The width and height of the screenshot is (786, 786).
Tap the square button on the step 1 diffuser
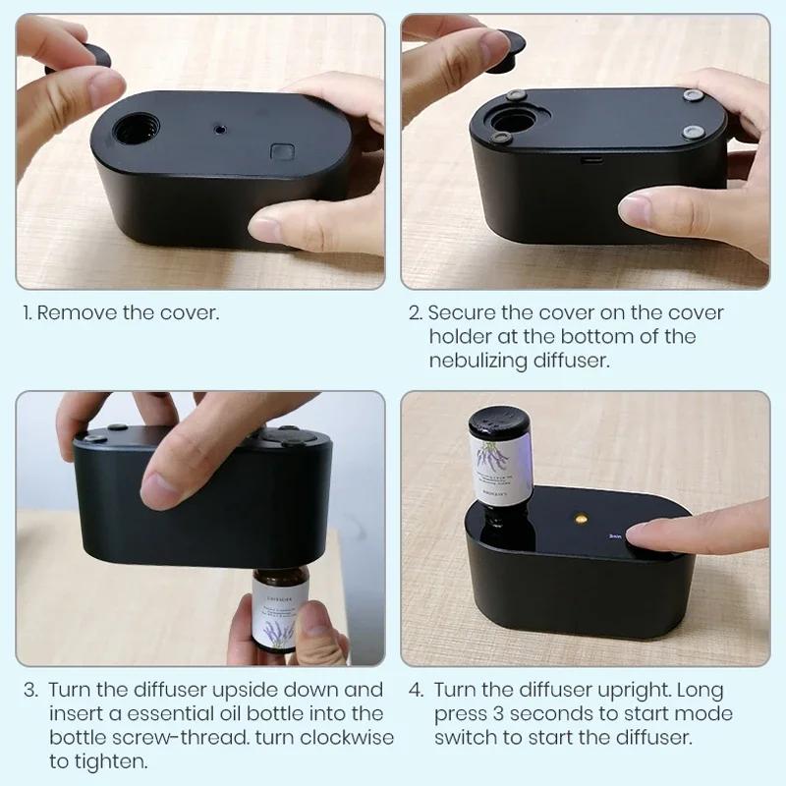tap(283, 152)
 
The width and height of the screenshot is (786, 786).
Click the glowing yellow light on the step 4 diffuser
tap(580, 514)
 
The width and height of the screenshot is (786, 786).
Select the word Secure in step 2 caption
tap(461, 313)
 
